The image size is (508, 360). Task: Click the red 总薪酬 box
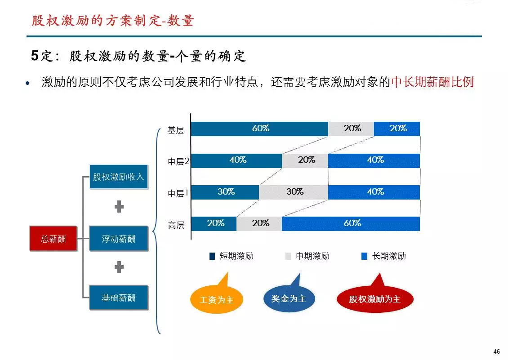[53, 239]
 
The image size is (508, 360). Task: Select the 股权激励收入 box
[119, 177]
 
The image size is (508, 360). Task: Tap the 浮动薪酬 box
[119, 239]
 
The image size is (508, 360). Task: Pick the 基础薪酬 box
[119, 298]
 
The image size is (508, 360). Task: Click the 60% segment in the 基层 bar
[259, 129]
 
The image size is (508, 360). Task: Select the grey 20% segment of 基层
[351, 129]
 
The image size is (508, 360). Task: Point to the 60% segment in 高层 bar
[351, 223]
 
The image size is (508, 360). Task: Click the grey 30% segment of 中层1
[294, 192]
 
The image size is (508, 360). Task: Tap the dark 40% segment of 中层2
[236, 160]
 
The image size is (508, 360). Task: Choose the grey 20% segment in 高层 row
[259, 223]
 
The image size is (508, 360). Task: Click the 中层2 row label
[178, 161]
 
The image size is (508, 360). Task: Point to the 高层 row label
[176, 225]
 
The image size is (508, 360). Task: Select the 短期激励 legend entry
[232, 256]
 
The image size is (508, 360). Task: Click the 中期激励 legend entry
[307, 256]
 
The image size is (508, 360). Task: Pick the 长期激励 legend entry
[383, 256]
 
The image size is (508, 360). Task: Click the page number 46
[496, 351]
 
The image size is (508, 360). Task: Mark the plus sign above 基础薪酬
[119, 267]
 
